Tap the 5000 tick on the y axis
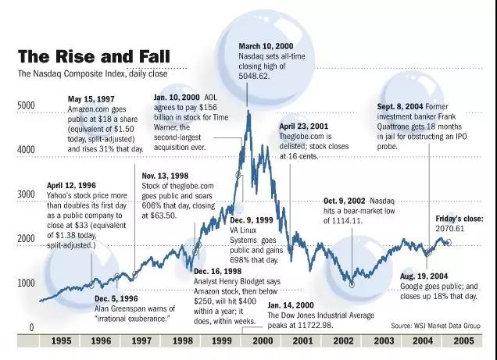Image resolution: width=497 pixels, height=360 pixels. pyautogui.click(x=27, y=105)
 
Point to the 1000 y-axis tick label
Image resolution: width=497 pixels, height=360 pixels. pyautogui.click(x=27, y=283)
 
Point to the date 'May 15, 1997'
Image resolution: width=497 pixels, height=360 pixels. pyautogui.click(x=92, y=100)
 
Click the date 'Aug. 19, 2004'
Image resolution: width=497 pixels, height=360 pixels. pyautogui.click(x=424, y=276)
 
